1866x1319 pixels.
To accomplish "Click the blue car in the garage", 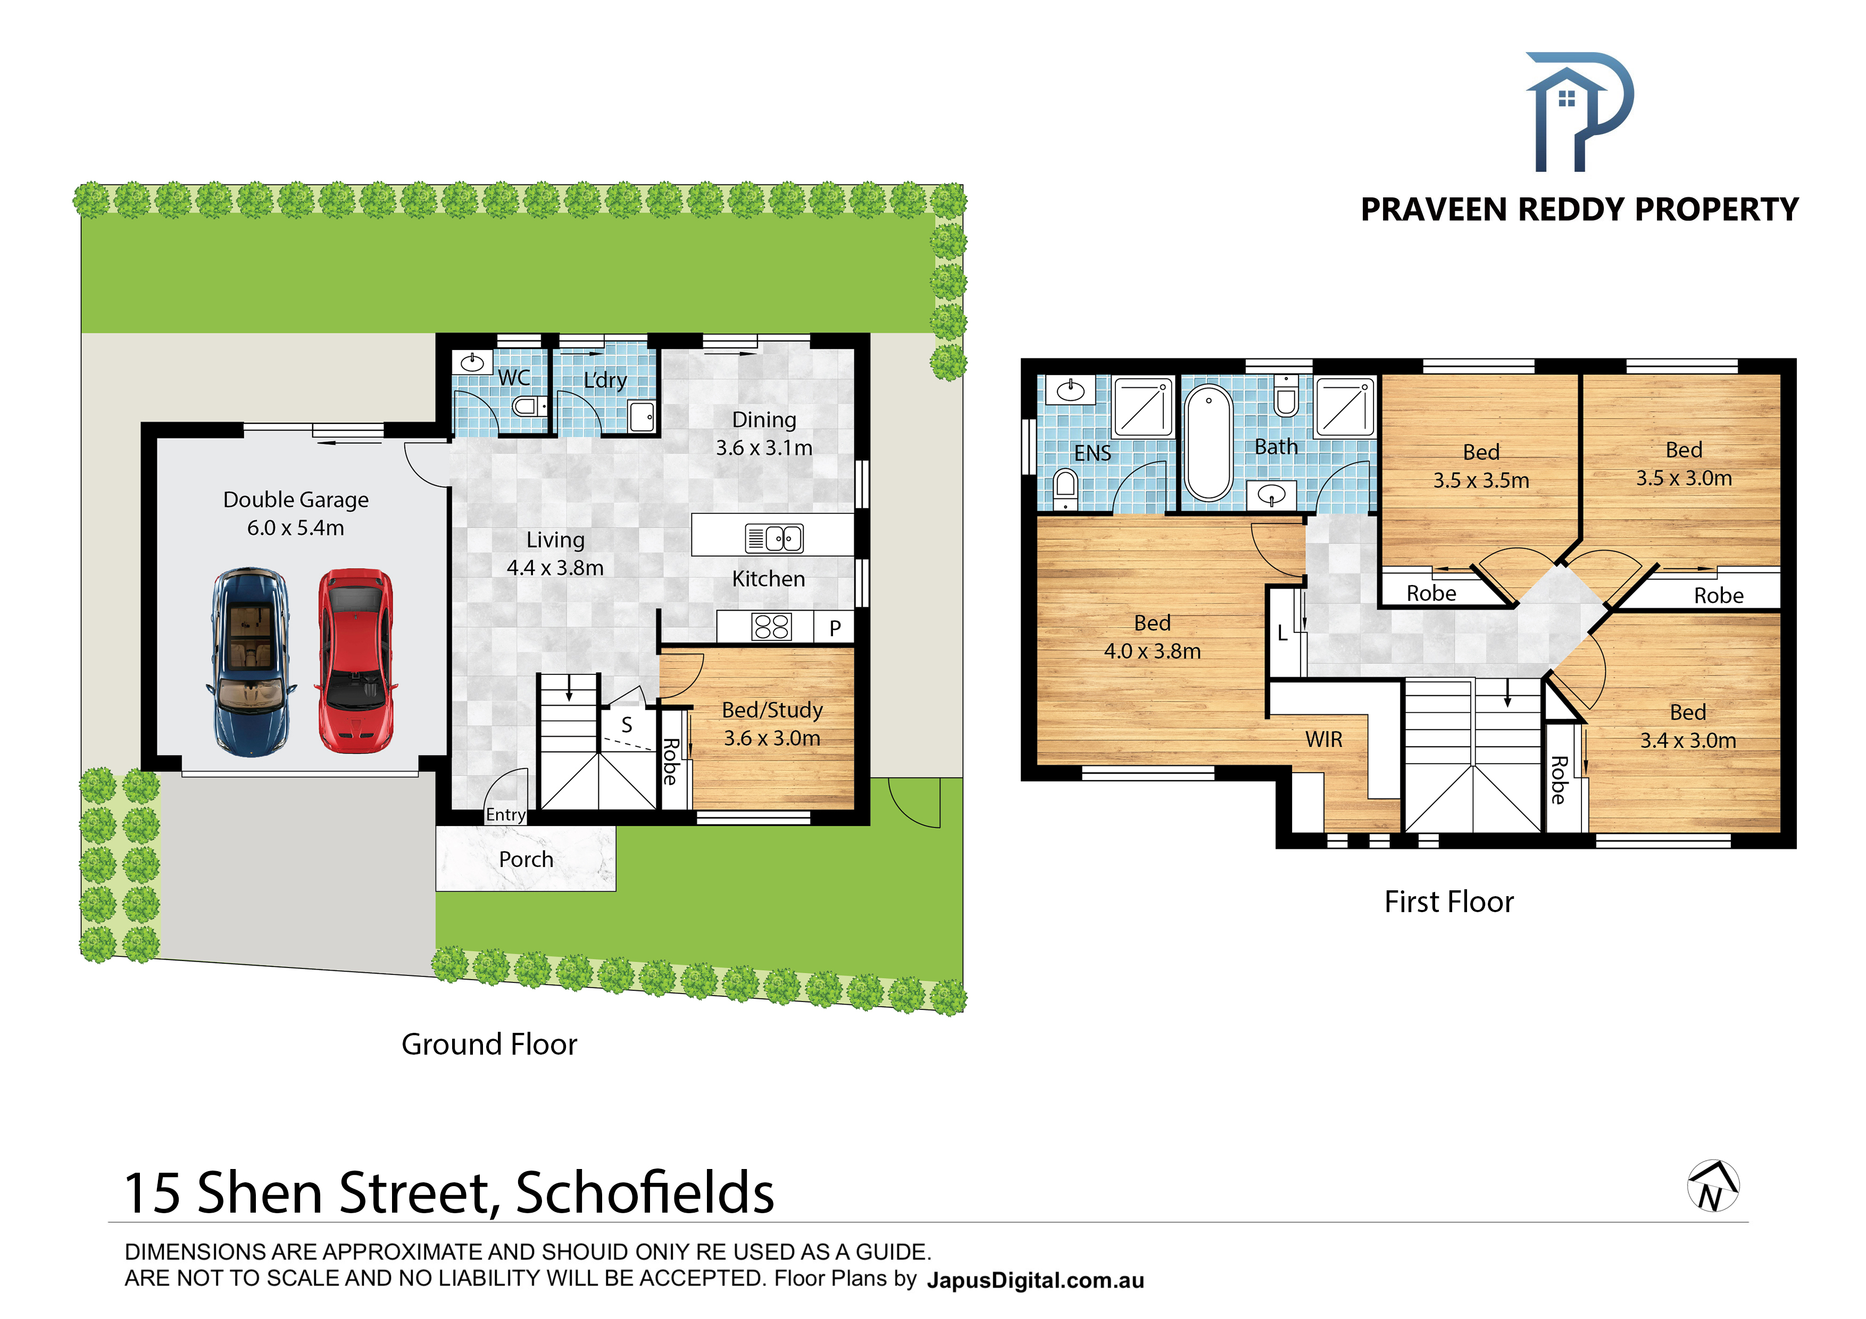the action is [251, 662].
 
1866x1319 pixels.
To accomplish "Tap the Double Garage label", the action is [296, 500].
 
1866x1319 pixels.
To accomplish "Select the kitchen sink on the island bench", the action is [774, 538].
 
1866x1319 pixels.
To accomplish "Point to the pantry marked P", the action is [834, 628].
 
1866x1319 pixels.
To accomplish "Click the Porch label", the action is [526, 860].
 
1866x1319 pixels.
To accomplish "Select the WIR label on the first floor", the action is [1324, 740].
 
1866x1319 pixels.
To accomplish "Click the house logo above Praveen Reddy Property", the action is [1578, 112].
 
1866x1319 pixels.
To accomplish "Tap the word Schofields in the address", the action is [645, 1193].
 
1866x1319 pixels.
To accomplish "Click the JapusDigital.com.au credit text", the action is [1036, 1281].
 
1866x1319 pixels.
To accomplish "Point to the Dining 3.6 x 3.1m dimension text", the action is [764, 448].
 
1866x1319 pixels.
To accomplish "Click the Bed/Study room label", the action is [772, 711].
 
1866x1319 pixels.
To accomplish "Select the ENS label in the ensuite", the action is [1092, 454].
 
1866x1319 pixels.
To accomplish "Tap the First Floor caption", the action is [1449, 902].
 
